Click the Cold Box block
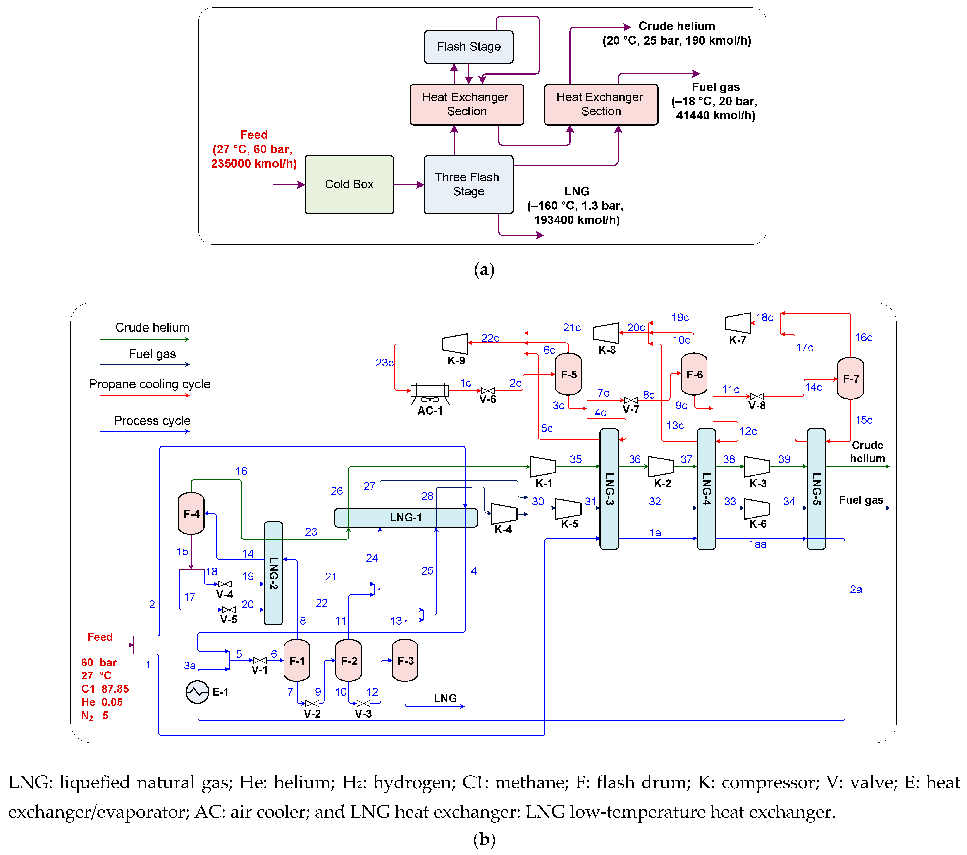click(349, 185)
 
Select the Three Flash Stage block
click(468, 185)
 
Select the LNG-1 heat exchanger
click(406, 517)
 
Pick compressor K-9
click(455, 344)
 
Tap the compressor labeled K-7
click(738, 323)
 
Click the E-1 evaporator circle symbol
click(197, 692)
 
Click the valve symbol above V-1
click(260, 660)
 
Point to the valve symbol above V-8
click(757, 396)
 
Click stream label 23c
click(385, 363)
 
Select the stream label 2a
click(856, 589)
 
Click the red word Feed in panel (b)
click(100, 637)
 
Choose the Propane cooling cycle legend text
click(150, 384)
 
